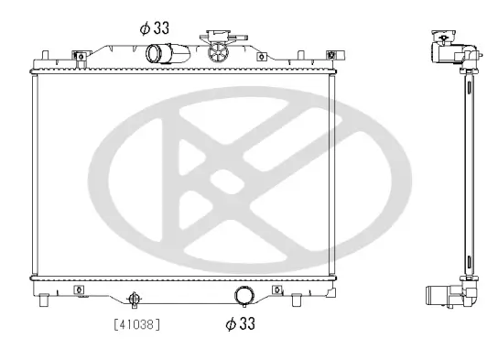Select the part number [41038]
click(x=137, y=323)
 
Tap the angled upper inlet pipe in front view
click(x=161, y=53)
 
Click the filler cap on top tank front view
click(x=219, y=37)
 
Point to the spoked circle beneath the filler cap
click(x=219, y=52)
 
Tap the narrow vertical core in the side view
click(x=468, y=174)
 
